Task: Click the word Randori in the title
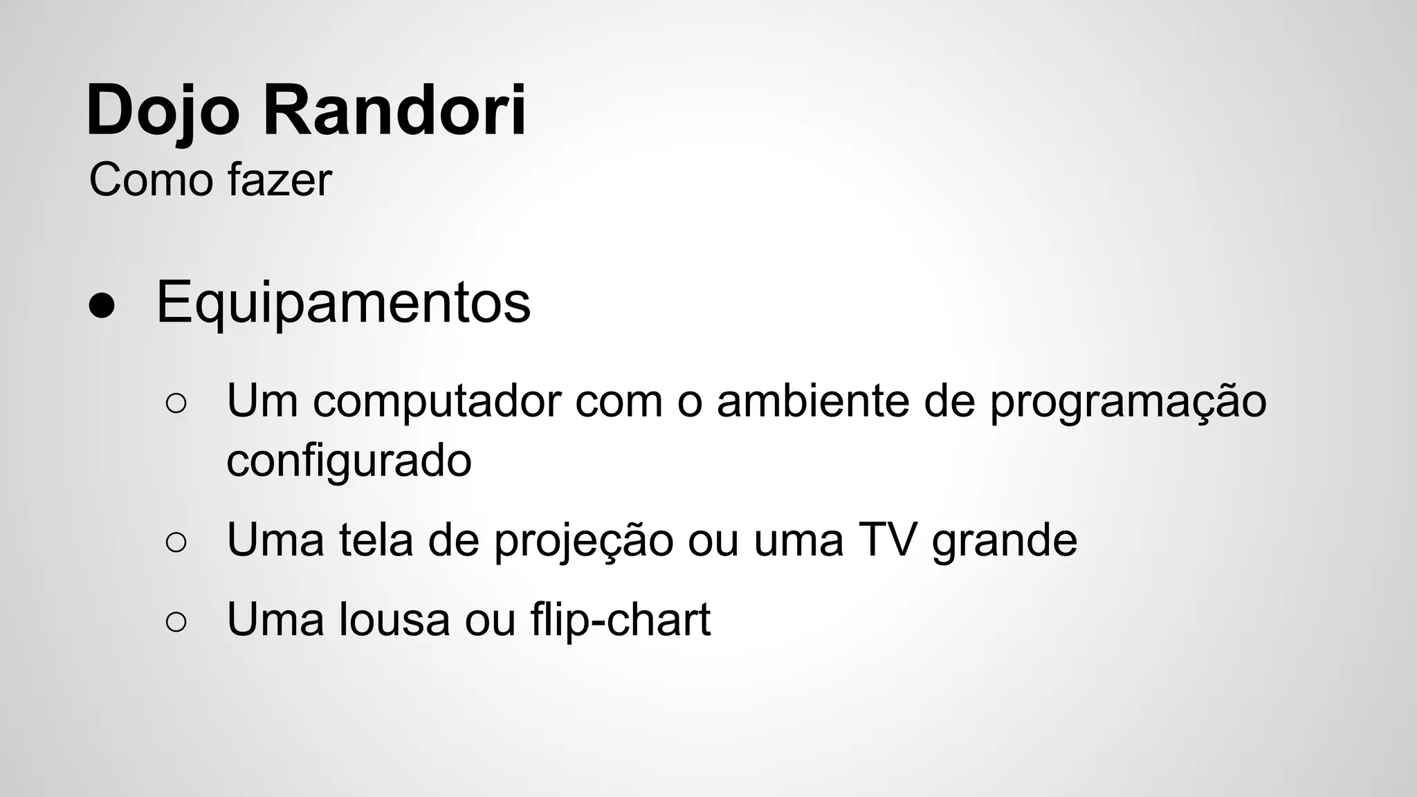click(394, 111)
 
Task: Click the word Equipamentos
click(343, 302)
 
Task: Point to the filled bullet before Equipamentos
click(102, 305)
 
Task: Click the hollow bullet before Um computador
click(176, 403)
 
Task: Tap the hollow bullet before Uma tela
click(176, 542)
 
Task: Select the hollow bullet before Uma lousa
click(176, 621)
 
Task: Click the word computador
click(437, 401)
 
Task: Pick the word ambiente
click(813, 401)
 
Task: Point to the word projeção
click(583, 542)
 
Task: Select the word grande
click(1005, 542)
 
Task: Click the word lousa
click(394, 619)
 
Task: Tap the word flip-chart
click(621, 619)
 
